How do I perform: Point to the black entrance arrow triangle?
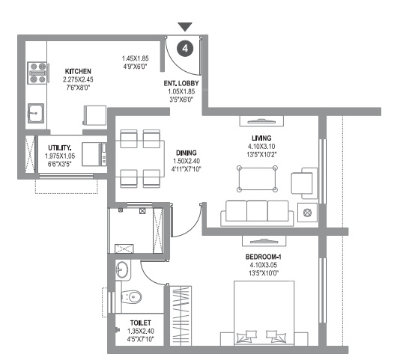coord(186,28)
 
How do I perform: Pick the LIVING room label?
coord(261,137)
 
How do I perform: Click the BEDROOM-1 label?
coord(261,256)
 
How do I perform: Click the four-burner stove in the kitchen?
coord(37,74)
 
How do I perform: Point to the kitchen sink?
coord(35,115)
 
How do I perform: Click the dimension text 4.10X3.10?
coord(261,147)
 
